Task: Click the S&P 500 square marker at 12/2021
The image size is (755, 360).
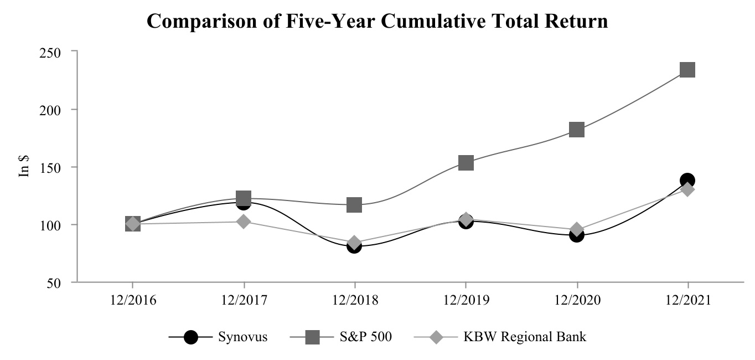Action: [x=687, y=70]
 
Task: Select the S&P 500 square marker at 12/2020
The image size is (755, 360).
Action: [x=577, y=130]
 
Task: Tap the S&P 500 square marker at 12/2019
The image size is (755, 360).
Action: [x=466, y=163]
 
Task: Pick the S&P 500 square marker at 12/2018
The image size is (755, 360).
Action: [x=354, y=205]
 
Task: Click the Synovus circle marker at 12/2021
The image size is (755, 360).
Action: [x=687, y=181]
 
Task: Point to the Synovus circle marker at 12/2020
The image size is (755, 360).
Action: [x=577, y=235]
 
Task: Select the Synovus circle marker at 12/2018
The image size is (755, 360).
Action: [x=354, y=246]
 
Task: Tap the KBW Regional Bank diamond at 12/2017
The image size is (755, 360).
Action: [x=244, y=222]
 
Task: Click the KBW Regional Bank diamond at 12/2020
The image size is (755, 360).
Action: [x=577, y=229]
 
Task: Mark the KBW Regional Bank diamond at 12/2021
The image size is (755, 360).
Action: [x=687, y=189]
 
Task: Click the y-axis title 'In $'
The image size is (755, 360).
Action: [x=25, y=166]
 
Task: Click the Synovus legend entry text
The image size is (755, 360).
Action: [x=243, y=337]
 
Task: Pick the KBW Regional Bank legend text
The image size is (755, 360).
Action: [x=524, y=337]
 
